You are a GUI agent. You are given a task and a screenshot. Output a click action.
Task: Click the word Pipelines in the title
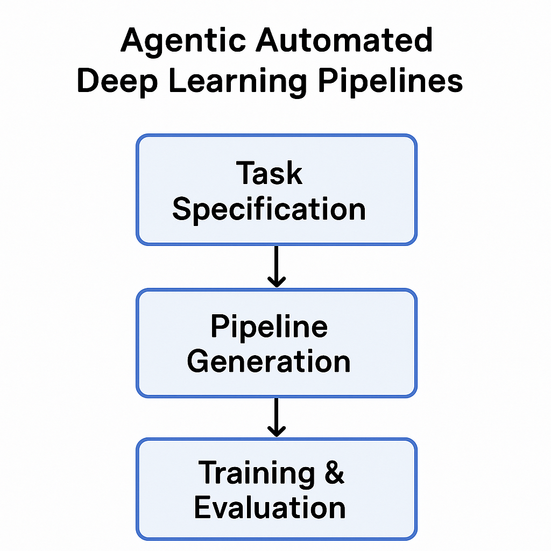click(390, 82)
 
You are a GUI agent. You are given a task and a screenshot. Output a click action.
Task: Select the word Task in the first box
click(269, 173)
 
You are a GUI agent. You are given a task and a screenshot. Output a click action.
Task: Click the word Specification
click(269, 209)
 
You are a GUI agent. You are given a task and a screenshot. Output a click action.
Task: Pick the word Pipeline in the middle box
click(269, 326)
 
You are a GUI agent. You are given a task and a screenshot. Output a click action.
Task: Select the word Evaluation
click(270, 507)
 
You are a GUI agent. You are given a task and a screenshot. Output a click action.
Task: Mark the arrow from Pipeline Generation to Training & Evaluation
click(276, 417)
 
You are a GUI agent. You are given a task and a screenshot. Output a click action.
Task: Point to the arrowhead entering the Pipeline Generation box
click(276, 281)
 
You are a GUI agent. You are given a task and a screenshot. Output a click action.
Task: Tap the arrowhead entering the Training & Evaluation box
click(276, 432)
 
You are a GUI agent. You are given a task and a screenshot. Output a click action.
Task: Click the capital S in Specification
click(182, 209)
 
